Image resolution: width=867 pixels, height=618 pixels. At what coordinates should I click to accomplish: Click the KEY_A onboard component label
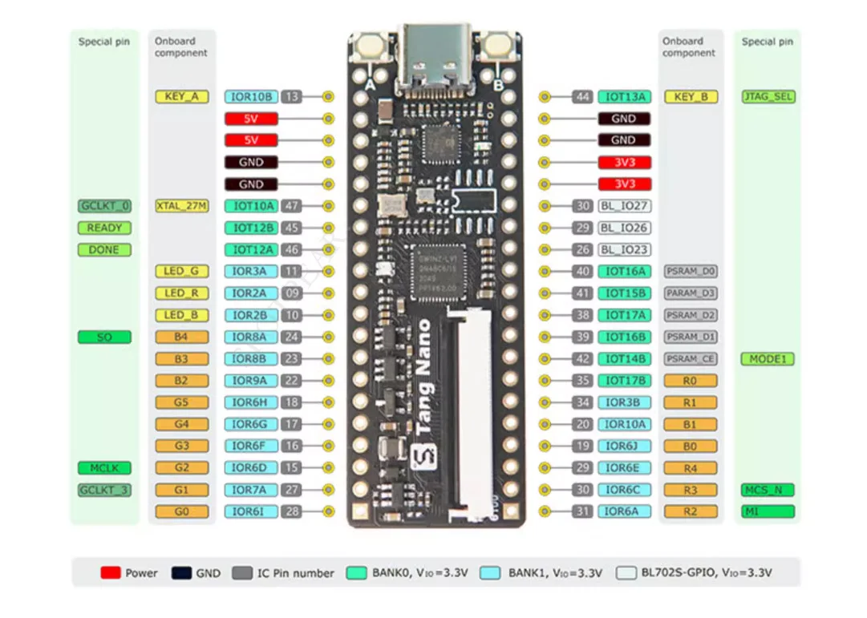(181, 97)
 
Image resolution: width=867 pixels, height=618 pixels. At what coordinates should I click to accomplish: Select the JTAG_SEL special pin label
(768, 97)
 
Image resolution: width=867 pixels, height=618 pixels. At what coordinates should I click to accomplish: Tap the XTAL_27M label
(181, 206)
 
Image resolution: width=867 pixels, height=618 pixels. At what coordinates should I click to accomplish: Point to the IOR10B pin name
(251, 97)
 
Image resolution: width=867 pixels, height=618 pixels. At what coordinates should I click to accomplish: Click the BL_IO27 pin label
(623, 206)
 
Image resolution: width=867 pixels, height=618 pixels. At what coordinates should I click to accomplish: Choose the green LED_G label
(181, 272)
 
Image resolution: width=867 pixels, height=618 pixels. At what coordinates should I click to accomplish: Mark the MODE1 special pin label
(768, 359)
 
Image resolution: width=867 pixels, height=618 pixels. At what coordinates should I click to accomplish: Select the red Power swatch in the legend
(110, 573)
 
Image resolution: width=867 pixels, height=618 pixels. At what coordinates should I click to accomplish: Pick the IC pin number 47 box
(291, 206)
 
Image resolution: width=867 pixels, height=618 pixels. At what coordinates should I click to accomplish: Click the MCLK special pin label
(104, 468)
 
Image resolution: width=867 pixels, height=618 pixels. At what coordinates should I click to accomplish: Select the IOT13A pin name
(623, 97)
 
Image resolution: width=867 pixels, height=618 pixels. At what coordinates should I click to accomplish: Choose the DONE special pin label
(104, 250)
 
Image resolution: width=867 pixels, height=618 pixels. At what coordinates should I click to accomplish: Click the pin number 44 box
(582, 97)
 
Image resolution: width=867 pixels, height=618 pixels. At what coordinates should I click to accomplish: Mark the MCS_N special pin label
(768, 490)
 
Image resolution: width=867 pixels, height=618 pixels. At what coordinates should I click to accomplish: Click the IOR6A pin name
(623, 511)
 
